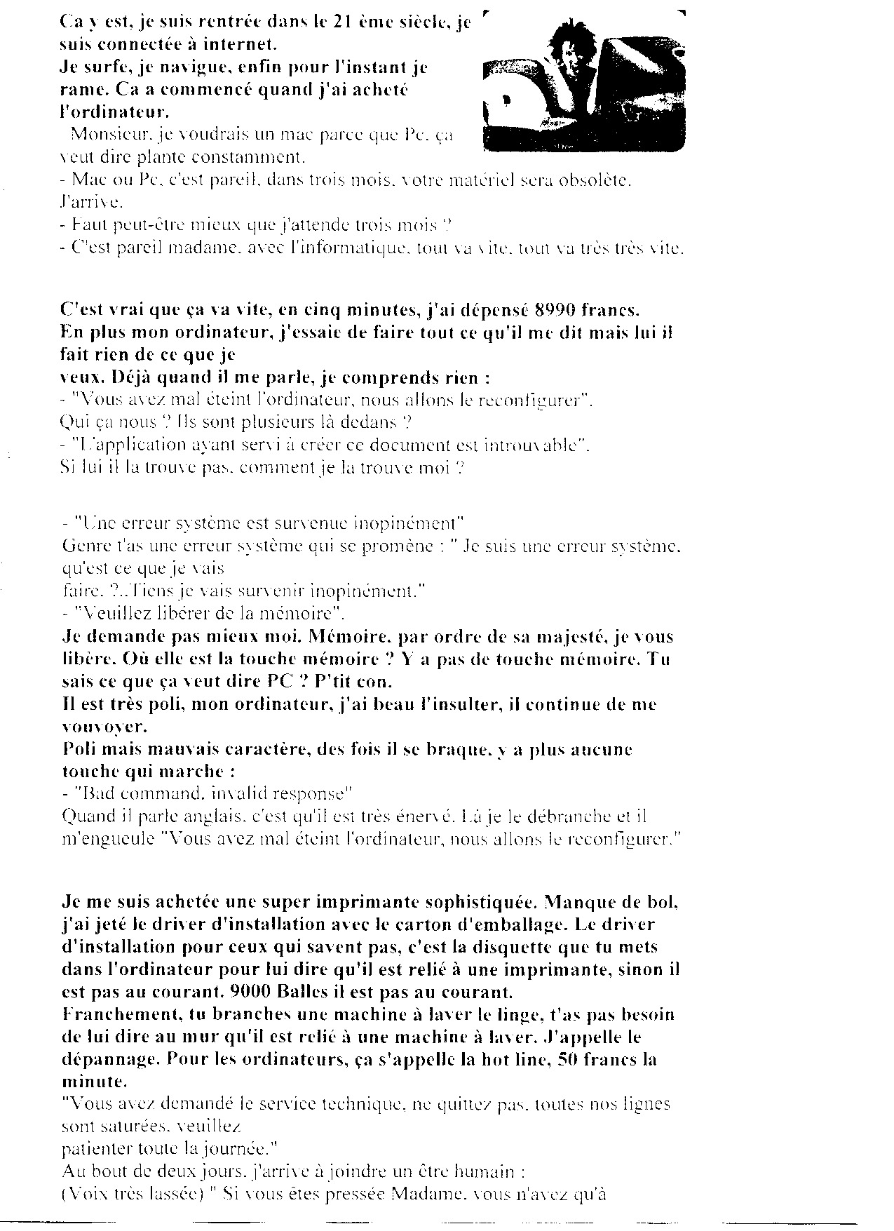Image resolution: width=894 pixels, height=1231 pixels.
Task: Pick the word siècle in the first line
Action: pos(419,22)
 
